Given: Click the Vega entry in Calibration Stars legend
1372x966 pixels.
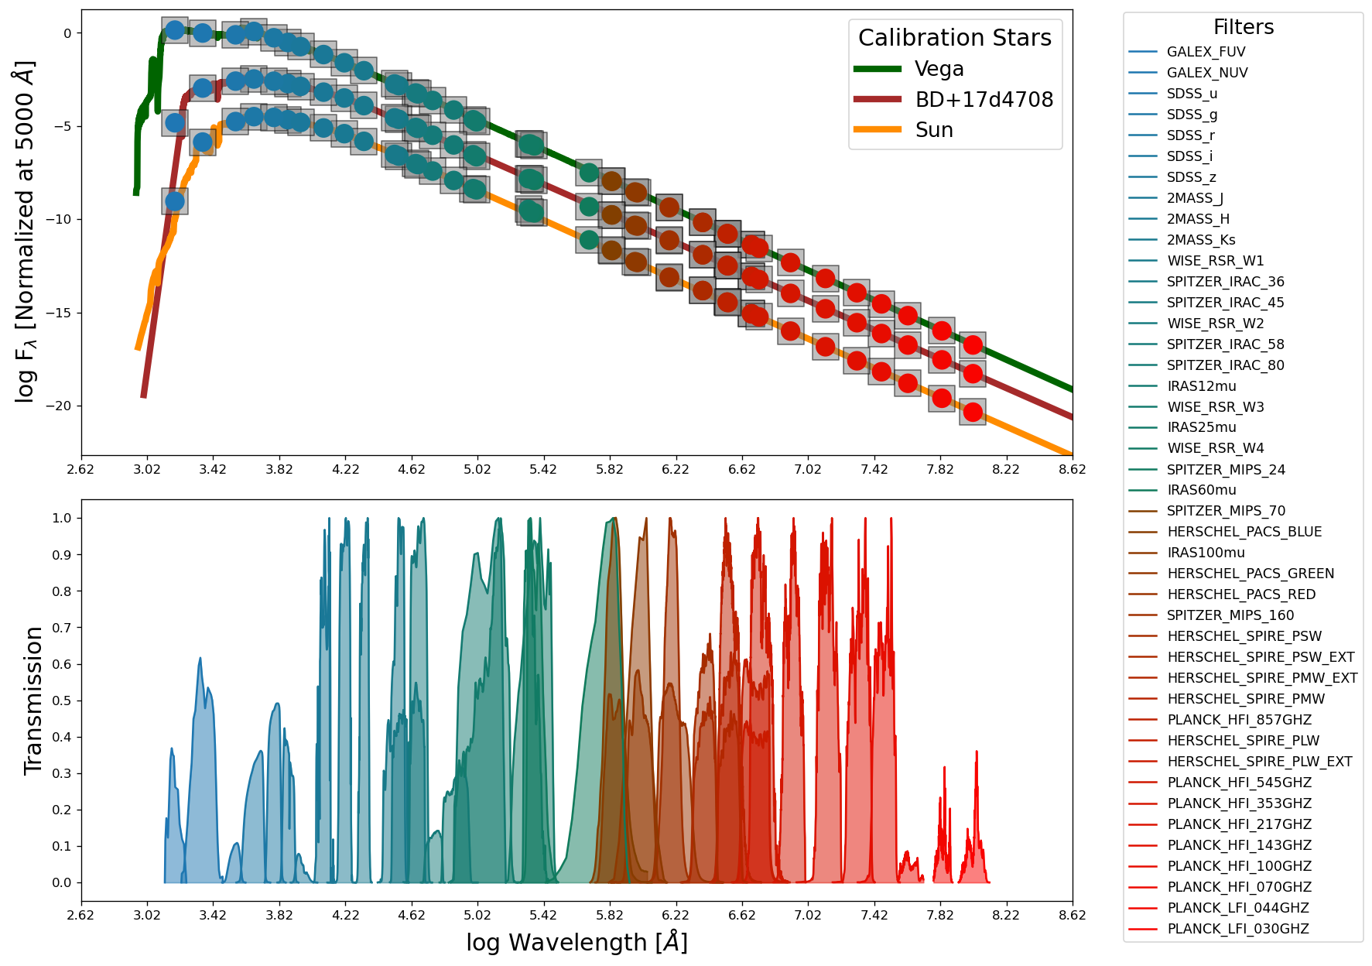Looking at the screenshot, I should tap(938, 69).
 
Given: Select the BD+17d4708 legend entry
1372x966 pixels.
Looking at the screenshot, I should tap(984, 100).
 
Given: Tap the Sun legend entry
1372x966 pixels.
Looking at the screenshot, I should tap(933, 130).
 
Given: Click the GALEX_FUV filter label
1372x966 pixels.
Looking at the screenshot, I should tap(1206, 52).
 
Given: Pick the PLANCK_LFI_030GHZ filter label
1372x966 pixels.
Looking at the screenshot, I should tap(1237, 929).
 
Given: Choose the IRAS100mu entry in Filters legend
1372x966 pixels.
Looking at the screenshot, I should tap(1206, 553).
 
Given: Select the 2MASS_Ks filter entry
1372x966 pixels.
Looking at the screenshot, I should tap(1201, 240).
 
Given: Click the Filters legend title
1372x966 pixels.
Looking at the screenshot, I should tap(1243, 27).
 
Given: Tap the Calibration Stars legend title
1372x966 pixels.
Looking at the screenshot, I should tap(954, 38).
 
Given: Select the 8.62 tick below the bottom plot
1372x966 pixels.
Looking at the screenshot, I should tap(1072, 915).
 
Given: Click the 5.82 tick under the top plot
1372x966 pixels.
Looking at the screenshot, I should tap(609, 469).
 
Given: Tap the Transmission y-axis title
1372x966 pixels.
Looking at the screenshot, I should tap(33, 701).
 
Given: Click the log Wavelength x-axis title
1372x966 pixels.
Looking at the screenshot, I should tap(577, 943).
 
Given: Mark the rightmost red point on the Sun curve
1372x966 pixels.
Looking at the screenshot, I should tap(973, 413).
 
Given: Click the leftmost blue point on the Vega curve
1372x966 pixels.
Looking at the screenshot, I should tap(175, 30).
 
